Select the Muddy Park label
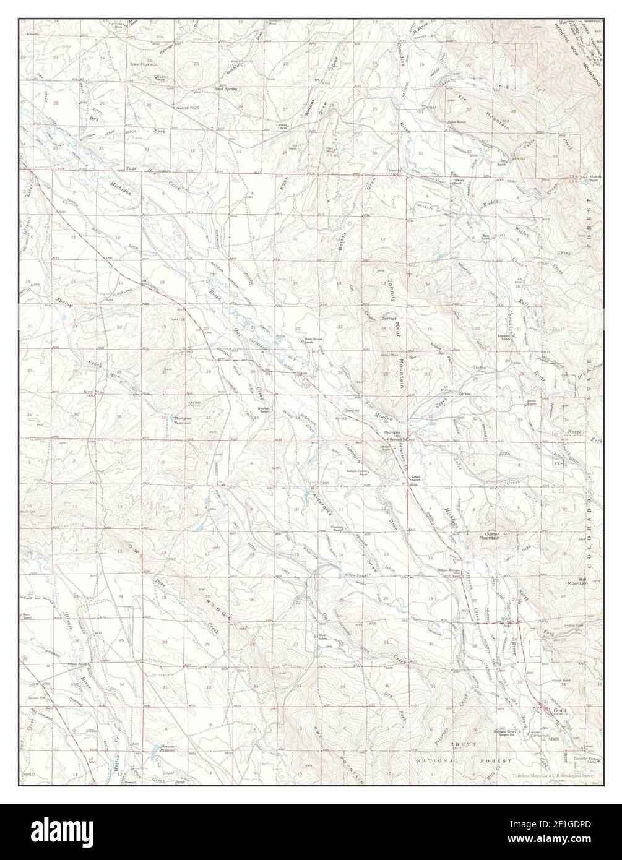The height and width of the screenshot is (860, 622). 595,178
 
